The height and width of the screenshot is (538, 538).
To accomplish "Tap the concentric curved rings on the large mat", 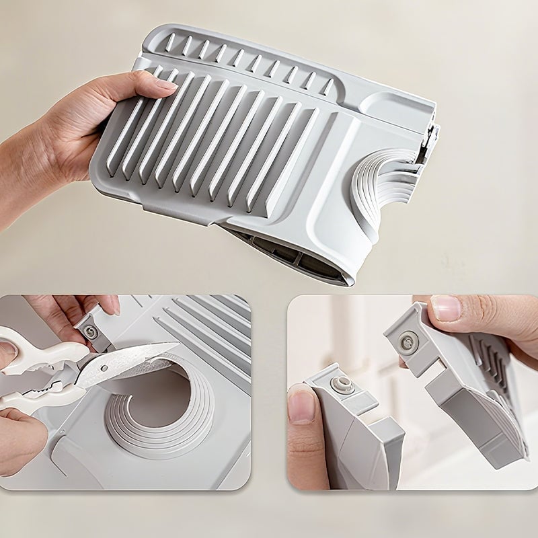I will pyautogui.click(x=381, y=182).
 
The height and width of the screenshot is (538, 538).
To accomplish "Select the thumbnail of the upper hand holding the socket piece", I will pyautogui.click(x=445, y=309).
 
